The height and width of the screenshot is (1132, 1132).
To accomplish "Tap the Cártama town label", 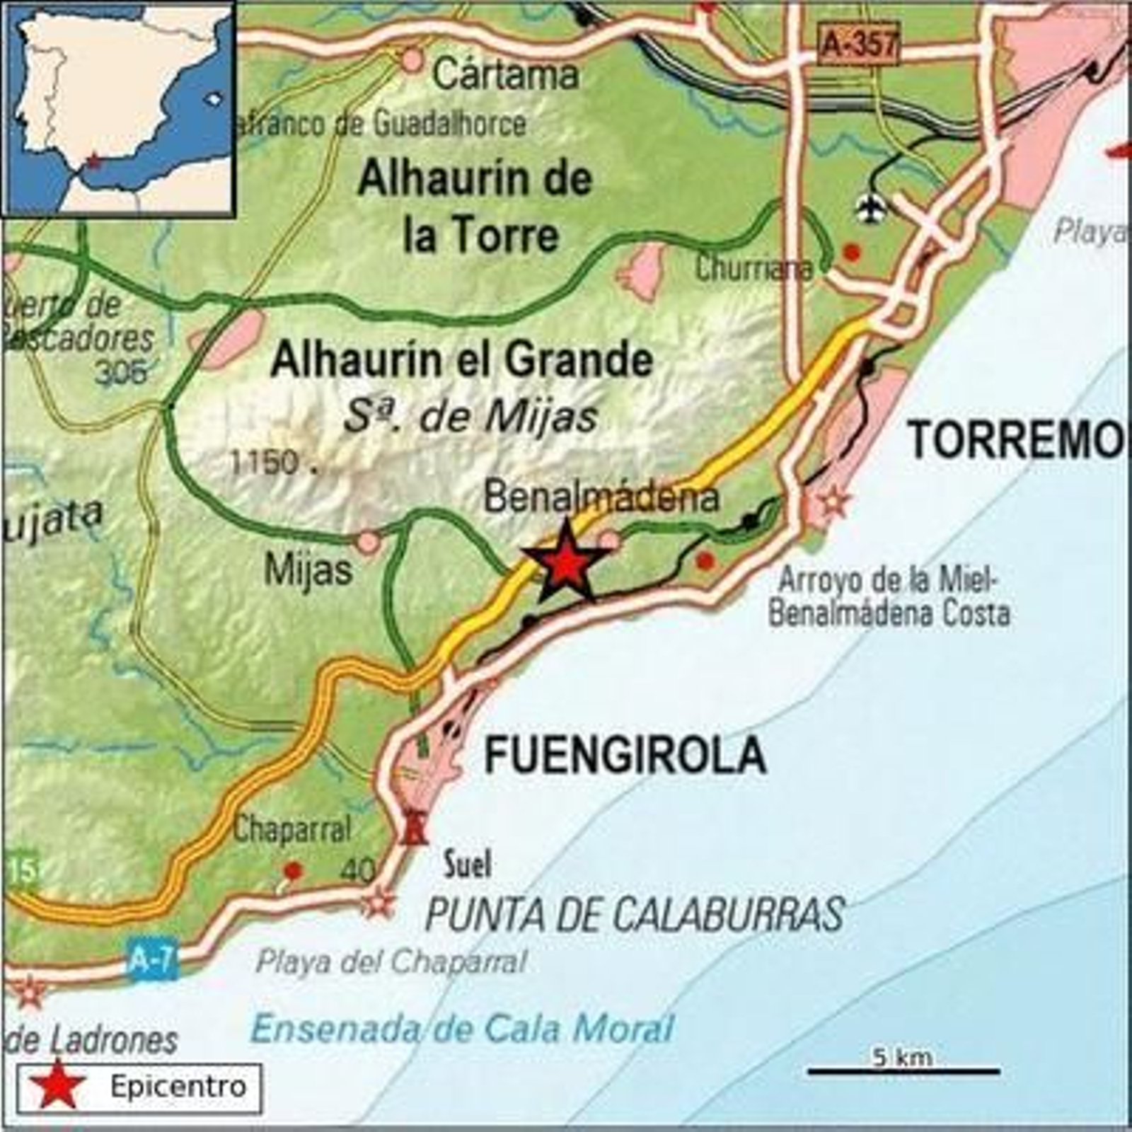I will point(505,74).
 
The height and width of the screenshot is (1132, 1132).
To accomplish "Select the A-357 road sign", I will point(859,45).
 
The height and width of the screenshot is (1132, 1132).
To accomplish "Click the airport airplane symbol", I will point(872,208).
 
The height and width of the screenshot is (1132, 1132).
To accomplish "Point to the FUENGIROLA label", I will point(625,755).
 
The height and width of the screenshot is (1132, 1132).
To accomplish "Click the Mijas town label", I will point(308,570).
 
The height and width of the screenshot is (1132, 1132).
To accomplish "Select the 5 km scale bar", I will point(903,1071).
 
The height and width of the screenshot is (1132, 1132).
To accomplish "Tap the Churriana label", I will point(753,269).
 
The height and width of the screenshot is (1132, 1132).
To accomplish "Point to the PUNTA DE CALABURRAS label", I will point(635,914).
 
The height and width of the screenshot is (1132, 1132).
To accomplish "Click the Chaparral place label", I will point(291,829).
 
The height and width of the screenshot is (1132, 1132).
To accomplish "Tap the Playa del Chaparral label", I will point(391,962).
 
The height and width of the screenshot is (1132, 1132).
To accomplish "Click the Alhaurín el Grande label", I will point(461,360).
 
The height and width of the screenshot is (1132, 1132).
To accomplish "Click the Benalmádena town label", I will point(601,497).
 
